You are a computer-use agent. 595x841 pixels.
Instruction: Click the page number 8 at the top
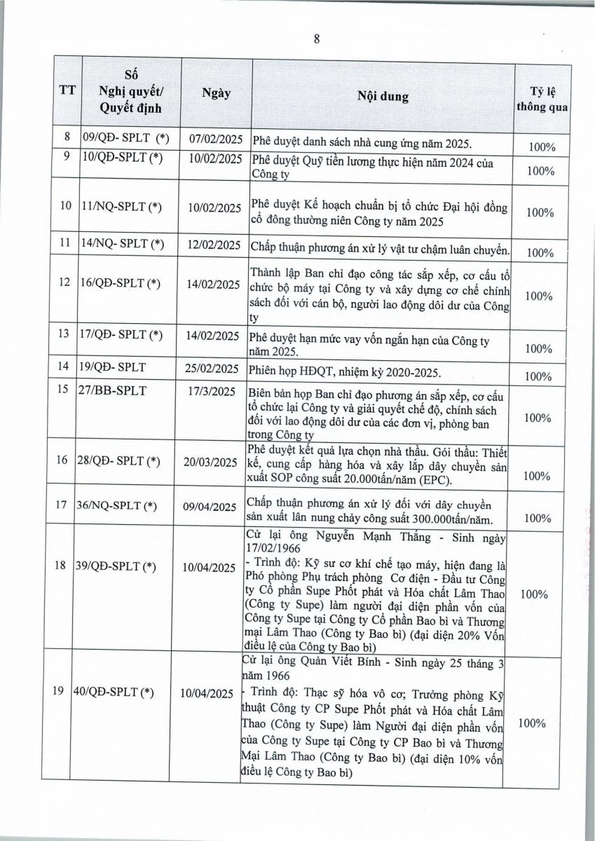[317, 39]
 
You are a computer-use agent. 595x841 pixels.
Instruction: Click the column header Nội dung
[383, 97]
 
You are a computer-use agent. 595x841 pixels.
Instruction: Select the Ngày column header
[216, 93]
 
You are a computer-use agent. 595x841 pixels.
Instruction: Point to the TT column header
[68, 90]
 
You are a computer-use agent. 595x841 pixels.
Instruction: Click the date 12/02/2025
[216, 245]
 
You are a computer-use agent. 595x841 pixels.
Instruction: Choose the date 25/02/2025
[216, 368]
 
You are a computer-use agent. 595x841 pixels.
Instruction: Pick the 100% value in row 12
[539, 296]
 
